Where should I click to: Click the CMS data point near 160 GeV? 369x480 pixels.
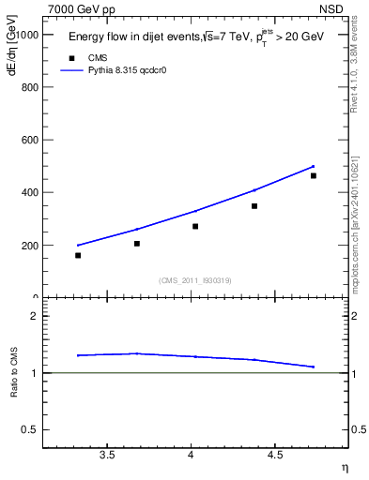78,255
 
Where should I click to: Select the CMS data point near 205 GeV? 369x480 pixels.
137,244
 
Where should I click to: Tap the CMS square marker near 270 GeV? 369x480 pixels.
195,226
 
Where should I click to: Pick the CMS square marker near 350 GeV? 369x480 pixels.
254,205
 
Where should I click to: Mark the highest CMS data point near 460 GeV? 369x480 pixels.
314,175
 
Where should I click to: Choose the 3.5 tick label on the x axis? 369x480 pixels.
107,455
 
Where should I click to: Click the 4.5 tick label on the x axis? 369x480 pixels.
275,455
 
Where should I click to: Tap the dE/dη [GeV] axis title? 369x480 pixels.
12,63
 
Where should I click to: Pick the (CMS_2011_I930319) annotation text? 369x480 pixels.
194,279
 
